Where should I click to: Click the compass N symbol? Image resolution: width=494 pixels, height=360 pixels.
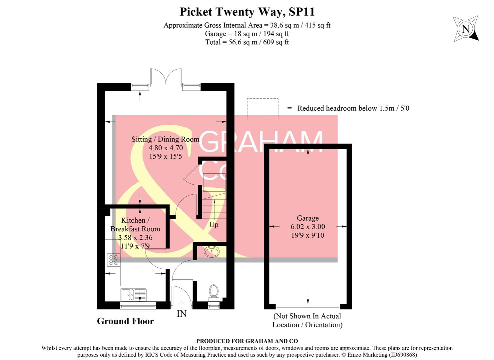466,29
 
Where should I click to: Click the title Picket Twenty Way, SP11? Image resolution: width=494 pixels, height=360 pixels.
247,12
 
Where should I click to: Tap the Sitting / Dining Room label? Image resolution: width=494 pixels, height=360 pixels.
165,139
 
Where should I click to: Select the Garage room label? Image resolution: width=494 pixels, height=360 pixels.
308,218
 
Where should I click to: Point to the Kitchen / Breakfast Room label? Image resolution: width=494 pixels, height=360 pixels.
135,225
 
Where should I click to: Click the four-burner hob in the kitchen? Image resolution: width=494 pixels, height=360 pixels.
114,260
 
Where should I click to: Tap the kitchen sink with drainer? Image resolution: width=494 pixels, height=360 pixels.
133,295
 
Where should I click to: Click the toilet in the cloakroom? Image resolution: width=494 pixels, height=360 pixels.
214,291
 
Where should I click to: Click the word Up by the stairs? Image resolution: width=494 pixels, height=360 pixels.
214,225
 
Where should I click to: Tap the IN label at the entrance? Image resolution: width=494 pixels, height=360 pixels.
182,314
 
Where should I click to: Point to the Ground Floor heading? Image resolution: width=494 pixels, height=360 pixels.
125,321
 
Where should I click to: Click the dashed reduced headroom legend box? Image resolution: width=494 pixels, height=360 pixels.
262,109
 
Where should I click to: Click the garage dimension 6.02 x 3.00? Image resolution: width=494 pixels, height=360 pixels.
308,227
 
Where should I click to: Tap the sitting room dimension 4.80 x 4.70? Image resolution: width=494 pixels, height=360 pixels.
166,148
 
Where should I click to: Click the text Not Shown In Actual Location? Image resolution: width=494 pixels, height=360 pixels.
307,320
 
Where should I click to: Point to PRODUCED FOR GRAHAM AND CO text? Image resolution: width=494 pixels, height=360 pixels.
247,341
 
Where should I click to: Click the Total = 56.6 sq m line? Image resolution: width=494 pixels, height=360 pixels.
247,42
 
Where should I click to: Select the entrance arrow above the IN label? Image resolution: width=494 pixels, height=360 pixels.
182,303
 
